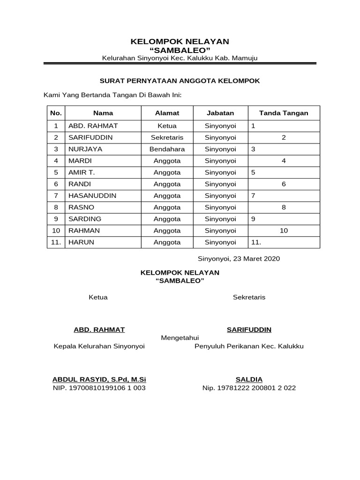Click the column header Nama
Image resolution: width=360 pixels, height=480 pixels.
103,113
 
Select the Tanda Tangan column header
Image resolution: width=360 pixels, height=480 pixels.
284,113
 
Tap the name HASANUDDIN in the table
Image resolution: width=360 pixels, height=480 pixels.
92,195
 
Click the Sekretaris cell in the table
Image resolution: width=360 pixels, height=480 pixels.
167,138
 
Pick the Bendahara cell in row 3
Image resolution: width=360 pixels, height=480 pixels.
167,150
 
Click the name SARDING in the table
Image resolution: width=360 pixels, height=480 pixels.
85,219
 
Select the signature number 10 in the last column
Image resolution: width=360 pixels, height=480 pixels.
284,231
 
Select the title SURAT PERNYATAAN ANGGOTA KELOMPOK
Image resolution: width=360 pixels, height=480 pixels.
180,81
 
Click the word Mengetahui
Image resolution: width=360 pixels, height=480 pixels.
180,337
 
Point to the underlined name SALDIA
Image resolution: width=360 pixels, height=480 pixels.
249,379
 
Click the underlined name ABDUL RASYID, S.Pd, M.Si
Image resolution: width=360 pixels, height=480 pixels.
99,379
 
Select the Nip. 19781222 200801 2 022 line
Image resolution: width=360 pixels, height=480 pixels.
249,388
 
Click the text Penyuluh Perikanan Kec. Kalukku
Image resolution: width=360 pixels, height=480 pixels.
249,346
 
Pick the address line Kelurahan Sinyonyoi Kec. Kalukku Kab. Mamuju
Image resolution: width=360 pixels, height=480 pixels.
180,58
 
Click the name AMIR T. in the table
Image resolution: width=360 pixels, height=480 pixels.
82,172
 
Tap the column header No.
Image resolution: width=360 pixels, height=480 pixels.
56,113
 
